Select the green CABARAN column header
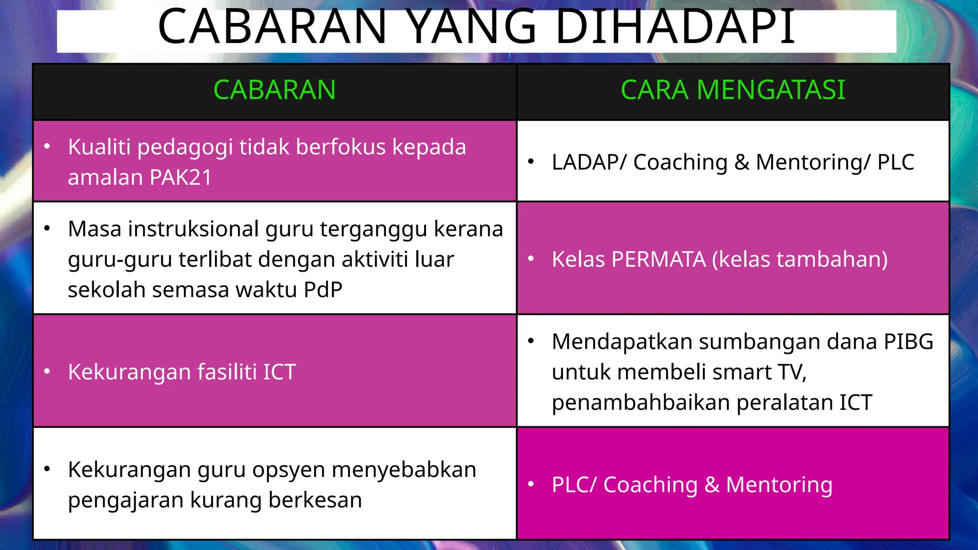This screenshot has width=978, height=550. click(275, 90)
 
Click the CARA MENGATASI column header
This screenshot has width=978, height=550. click(733, 90)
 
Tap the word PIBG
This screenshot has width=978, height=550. click(908, 342)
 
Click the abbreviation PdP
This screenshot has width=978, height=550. click(323, 290)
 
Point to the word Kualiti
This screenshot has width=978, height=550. click(99, 147)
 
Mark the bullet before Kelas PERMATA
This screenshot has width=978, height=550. click(531, 259)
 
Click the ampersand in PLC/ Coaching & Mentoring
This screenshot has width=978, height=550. click(712, 485)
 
